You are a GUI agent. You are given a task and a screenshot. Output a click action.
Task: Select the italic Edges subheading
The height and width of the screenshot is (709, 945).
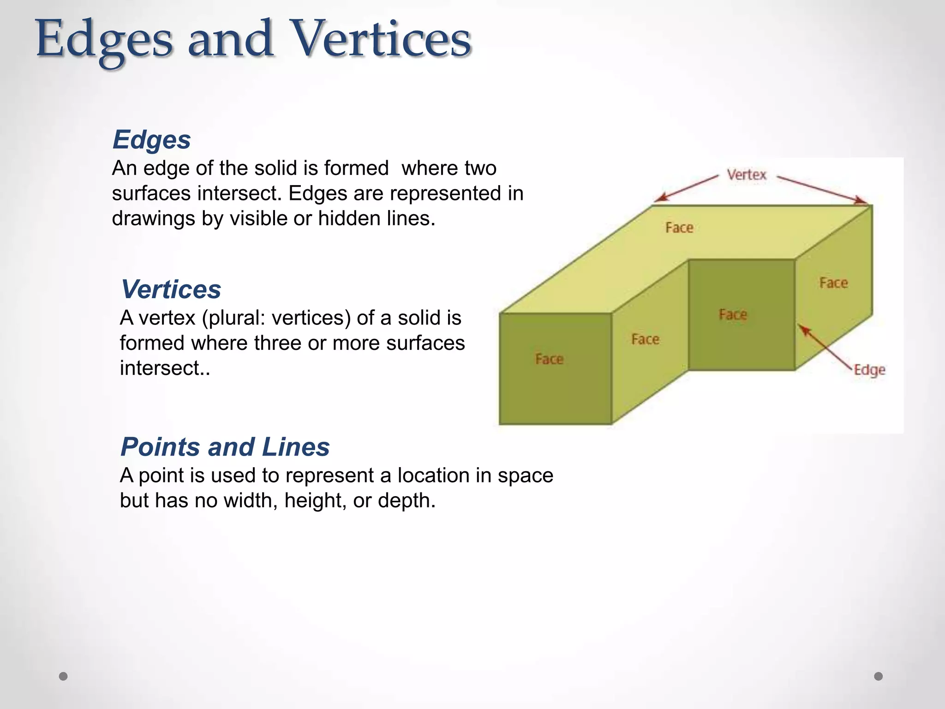(x=151, y=139)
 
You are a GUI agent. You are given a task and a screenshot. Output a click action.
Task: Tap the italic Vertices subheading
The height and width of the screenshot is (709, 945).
(x=171, y=289)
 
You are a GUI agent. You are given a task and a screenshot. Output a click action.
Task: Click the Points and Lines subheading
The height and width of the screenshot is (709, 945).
(x=225, y=447)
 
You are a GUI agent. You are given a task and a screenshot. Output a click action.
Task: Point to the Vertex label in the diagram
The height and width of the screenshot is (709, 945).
(x=746, y=175)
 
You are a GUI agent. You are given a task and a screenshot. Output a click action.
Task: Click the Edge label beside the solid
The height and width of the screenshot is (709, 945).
(x=869, y=370)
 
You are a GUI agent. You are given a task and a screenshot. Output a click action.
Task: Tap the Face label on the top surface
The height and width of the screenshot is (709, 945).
(x=679, y=228)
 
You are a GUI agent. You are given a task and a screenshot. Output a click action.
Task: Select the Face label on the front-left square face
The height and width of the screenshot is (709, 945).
(x=549, y=359)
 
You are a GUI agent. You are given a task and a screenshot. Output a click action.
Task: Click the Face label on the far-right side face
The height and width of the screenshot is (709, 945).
(x=833, y=283)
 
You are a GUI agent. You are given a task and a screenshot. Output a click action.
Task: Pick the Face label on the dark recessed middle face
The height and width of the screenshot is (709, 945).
(x=733, y=315)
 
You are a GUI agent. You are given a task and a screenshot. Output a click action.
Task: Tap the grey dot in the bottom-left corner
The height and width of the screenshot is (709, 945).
(x=63, y=676)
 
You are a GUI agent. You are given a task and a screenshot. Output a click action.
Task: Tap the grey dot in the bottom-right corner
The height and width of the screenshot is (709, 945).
(x=879, y=676)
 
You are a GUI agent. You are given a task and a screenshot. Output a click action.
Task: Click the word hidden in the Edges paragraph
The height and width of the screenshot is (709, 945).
(x=350, y=218)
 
